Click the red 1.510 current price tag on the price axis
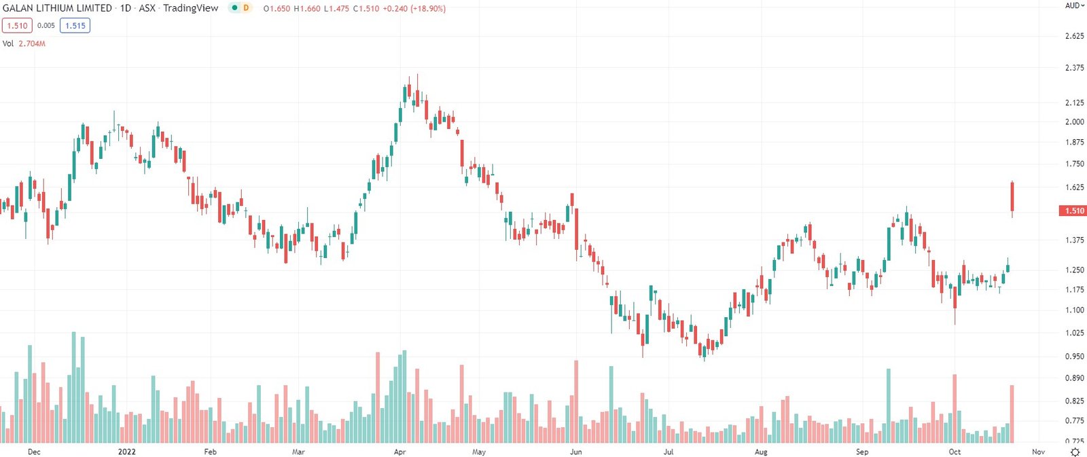point(1073,211)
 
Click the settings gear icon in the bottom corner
point(1075,452)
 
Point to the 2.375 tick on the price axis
point(1074,68)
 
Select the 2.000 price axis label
point(1074,122)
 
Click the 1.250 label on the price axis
point(1074,270)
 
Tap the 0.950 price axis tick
point(1074,357)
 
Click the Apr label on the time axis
point(399,452)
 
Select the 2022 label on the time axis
point(126,452)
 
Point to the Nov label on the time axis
point(1038,452)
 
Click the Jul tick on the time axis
point(669,452)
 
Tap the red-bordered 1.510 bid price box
point(17,26)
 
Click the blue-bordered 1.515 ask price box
point(75,26)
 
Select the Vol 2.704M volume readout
point(24,43)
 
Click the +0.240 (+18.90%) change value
point(414,9)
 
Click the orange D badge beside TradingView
point(246,8)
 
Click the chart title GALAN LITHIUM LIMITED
point(57,8)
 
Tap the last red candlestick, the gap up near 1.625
point(1012,197)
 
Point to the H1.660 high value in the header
point(307,9)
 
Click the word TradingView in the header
point(191,8)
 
